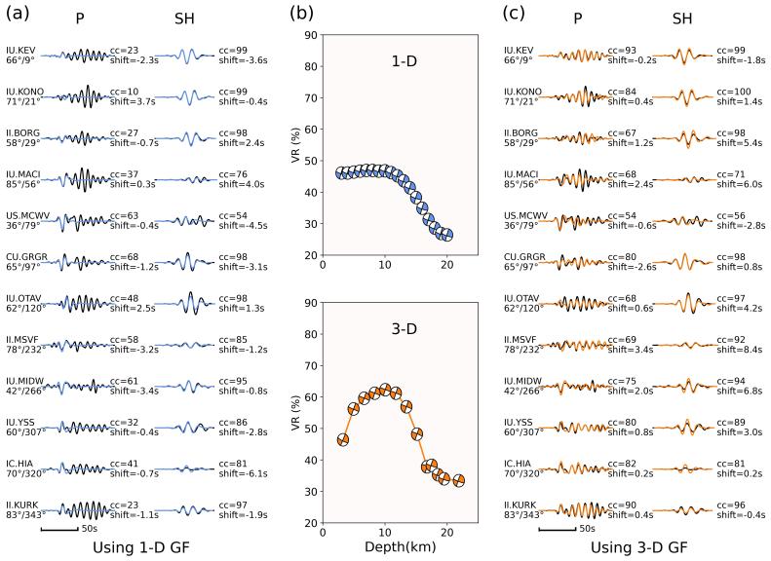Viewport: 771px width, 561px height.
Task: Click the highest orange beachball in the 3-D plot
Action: (385, 391)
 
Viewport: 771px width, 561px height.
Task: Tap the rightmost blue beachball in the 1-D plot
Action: (446, 235)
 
